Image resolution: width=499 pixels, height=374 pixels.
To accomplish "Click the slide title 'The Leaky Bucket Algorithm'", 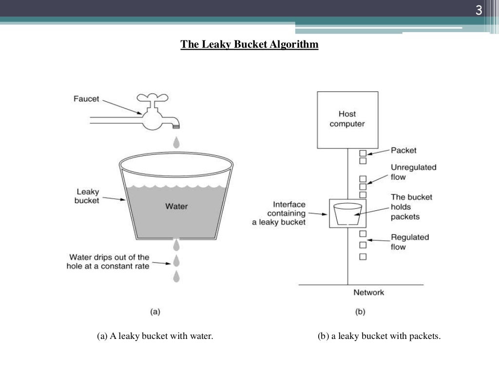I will pyautogui.click(x=249, y=45).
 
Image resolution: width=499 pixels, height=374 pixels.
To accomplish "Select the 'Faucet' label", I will pyautogui.click(x=86, y=99).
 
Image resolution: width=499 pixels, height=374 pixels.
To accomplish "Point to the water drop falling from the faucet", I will pyautogui.click(x=176, y=142).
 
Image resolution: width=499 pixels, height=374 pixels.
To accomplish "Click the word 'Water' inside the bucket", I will pyautogui.click(x=176, y=206).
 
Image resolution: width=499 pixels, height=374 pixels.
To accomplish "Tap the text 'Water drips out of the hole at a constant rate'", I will pyautogui.click(x=108, y=262).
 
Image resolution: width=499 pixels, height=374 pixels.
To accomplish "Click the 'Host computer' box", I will pyautogui.click(x=347, y=119).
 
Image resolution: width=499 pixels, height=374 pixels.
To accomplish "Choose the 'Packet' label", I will pyautogui.click(x=403, y=150).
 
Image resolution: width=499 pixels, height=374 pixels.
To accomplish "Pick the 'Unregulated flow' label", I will pyautogui.click(x=413, y=172).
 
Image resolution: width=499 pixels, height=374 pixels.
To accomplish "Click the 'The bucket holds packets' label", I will pyautogui.click(x=411, y=206).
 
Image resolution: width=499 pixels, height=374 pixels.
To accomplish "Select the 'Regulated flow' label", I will pyautogui.click(x=409, y=242).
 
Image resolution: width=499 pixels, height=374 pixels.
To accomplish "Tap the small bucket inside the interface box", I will pyautogui.click(x=347, y=213).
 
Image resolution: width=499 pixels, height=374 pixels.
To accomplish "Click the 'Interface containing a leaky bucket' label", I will pyautogui.click(x=280, y=213).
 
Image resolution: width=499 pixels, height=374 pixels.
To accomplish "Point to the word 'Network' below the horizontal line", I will pyautogui.click(x=368, y=292).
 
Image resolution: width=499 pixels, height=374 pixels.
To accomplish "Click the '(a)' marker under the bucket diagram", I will pyautogui.click(x=155, y=312).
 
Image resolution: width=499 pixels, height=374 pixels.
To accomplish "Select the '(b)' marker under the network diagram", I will pyautogui.click(x=360, y=312).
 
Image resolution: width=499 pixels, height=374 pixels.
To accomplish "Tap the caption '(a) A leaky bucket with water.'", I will pyautogui.click(x=155, y=336).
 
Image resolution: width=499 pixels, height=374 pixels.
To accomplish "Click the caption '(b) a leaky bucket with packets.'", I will pyautogui.click(x=379, y=336).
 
